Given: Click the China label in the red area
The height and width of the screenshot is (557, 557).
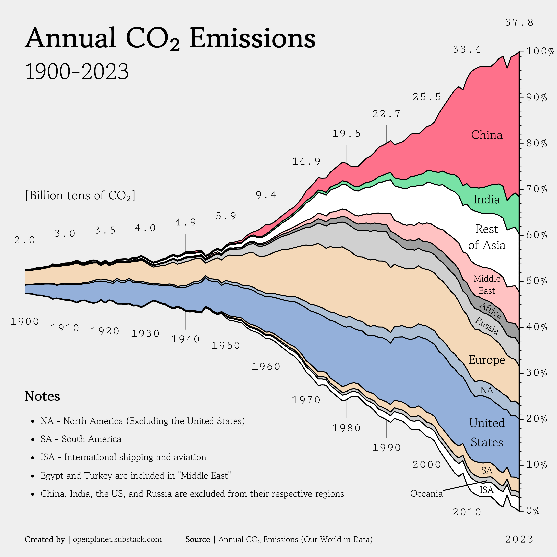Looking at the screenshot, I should [x=487, y=135].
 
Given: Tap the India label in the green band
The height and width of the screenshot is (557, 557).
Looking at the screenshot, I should [x=487, y=200].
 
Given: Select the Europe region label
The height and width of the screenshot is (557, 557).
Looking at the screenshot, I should [x=487, y=360].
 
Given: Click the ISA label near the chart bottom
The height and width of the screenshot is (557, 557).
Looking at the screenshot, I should [x=487, y=490].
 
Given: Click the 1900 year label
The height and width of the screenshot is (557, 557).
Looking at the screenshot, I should [x=25, y=321].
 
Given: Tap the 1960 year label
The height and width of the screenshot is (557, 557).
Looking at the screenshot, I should [x=266, y=367].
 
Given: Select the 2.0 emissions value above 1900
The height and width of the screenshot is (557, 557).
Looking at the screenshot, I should [x=25, y=240].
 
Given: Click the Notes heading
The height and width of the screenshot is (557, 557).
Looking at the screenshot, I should [x=42, y=396].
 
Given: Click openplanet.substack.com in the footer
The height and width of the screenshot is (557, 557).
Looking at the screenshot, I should [x=117, y=539].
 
